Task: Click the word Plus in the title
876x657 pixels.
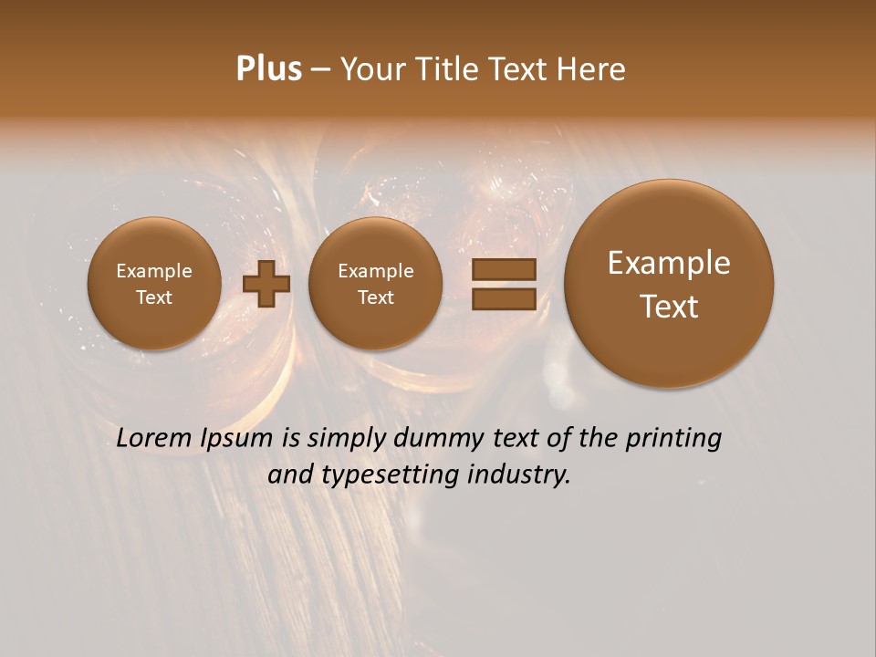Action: [268, 69]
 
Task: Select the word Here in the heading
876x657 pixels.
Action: [593, 69]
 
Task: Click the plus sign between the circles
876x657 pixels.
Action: [266, 284]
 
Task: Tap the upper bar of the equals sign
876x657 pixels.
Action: [504, 270]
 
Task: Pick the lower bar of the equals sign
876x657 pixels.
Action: [504, 299]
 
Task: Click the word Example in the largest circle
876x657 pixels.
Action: [669, 263]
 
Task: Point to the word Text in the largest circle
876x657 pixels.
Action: [669, 307]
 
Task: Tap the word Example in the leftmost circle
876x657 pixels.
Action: [154, 271]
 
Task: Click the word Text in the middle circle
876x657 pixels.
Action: [375, 297]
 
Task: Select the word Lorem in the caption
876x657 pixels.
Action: [154, 439]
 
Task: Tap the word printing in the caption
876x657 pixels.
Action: [673, 439]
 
